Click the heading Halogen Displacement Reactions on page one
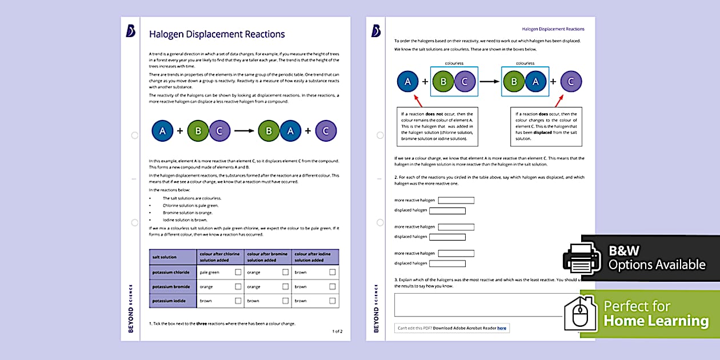tap(217, 34)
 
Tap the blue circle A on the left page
tap(162, 131)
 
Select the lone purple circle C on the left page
tap(326, 131)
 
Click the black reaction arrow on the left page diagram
tap(244, 131)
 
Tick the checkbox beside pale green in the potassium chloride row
tap(238, 272)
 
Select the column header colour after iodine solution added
tap(315, 257)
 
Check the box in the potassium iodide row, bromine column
tap(285, 301)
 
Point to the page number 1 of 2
tap(337, 331)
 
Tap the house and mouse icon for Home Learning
tap(581, 313)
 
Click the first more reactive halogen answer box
tap(456, 201)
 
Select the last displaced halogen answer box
tap(447, 263)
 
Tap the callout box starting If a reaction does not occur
tap(437, 126)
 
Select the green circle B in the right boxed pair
tap(514, 82)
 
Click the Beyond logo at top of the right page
tap(376, 31)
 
